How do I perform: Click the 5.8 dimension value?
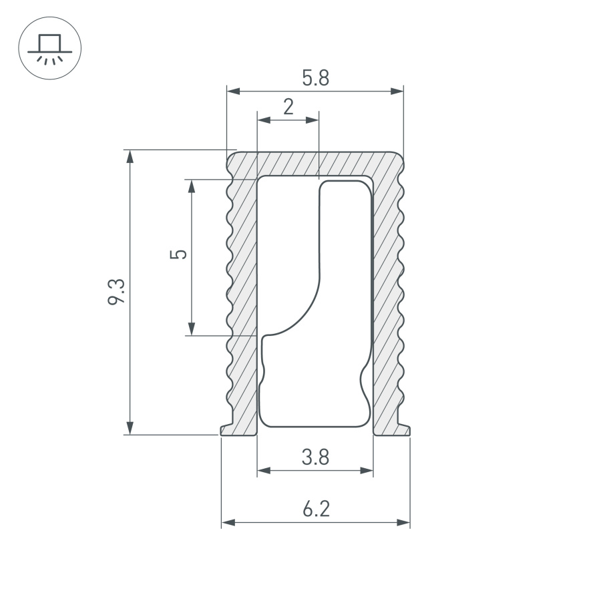315,78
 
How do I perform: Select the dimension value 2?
288,107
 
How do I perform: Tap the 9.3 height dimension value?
116,292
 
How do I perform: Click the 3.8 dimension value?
315,457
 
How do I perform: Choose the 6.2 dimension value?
316,510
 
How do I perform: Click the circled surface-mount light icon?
49,49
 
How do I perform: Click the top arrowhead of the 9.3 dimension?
130,156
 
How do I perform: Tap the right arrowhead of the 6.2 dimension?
403,522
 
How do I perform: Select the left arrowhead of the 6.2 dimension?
228,522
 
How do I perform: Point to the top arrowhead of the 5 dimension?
192,186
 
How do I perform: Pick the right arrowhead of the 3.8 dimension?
367,471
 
